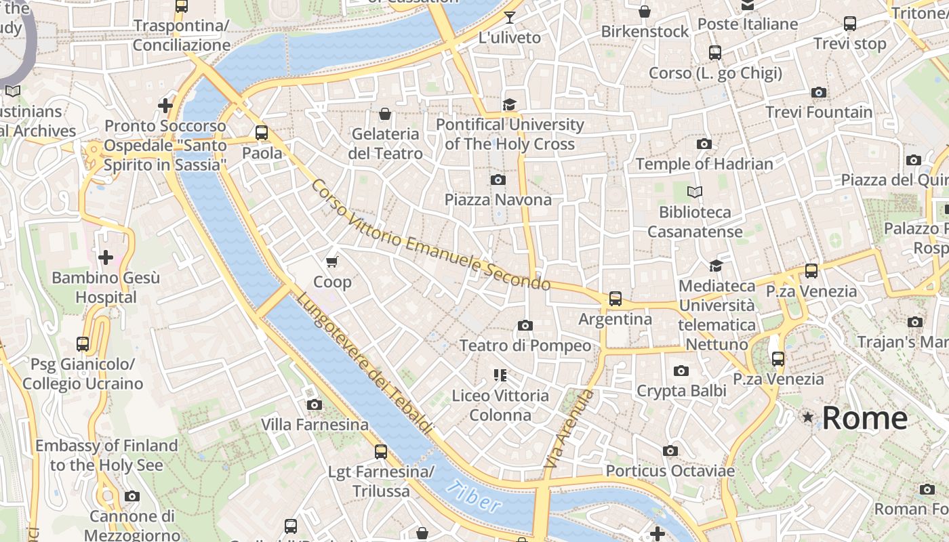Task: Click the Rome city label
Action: (x=864, y=418)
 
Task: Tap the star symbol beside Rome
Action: (x=807, y=417)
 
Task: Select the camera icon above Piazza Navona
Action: (x=498, y=180)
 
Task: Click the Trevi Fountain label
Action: (x=819, y=112)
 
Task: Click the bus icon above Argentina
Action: (x=615, y=299)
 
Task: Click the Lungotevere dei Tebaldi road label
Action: (x=364, y=362)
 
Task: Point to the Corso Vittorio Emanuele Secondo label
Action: (x=430, y=234)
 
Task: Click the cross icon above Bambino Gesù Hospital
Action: (x=106, y=258)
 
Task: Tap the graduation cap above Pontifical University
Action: (x=509, y=104)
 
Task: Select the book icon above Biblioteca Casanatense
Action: (x=695, y=192)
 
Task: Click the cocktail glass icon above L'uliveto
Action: (x=510, y=18)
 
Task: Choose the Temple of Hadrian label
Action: (x=704, y=164)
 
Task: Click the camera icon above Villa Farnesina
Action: (x=314, y=405)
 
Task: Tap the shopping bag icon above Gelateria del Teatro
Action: (x=385, y=114)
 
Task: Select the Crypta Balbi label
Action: (x=681, y=391)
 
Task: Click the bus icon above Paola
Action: (x=262, y=133)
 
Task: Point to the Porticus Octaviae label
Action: (x=670, y=471)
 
